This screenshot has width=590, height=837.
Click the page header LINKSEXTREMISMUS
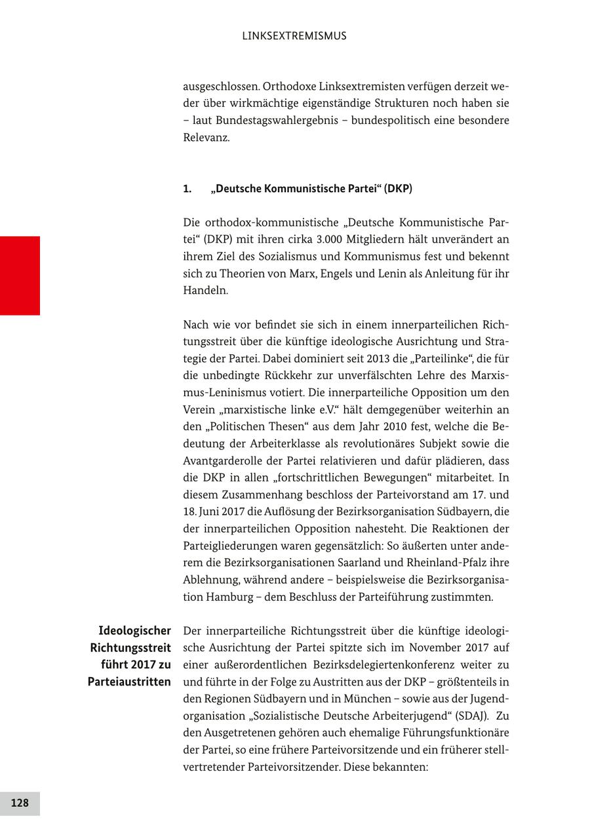point(294,36)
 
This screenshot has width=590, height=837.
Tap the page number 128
point(20,803)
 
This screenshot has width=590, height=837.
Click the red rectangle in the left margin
point(20,276)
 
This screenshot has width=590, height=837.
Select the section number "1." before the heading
point(187,189)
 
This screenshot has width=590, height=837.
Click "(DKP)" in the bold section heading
point(399,189)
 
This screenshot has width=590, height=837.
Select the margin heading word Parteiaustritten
point(129,682)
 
